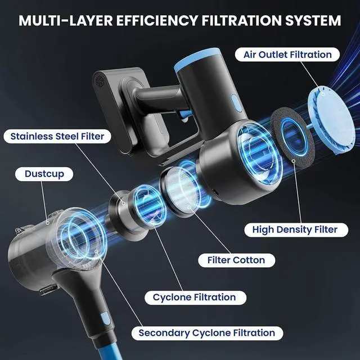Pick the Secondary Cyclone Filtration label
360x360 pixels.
point(207,333)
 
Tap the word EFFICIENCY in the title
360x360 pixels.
point(154,21)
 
